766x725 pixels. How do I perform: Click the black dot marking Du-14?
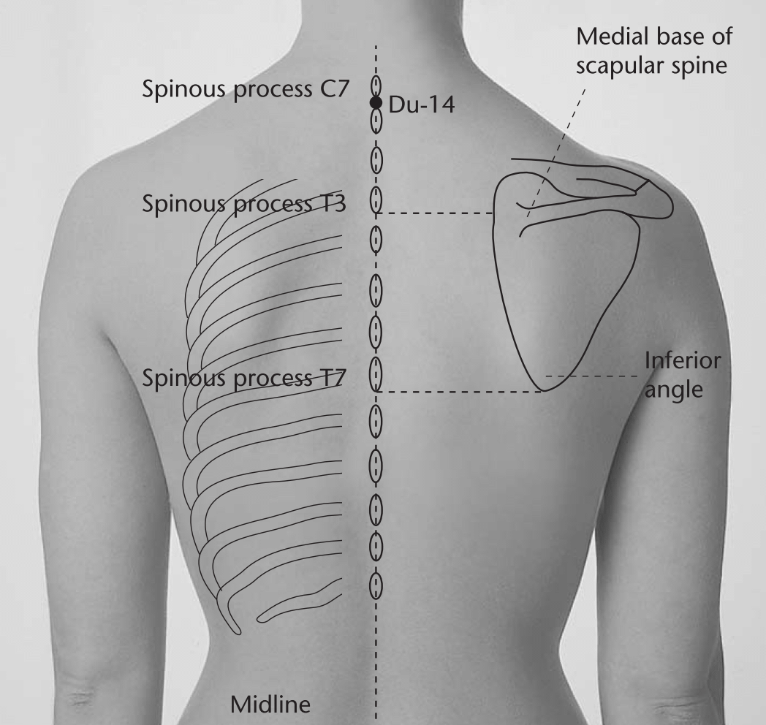coord(376,103)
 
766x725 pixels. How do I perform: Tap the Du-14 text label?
coord(422,105)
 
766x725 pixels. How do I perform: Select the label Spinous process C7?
coord(246,89)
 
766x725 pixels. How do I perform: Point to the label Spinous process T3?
coord(244,204)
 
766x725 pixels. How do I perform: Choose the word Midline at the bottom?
coord(270,705)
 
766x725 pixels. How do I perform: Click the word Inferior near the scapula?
coord(683,361)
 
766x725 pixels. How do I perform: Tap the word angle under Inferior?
coord(674,390)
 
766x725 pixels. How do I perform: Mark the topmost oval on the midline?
coord(376,86)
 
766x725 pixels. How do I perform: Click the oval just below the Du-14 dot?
coord(376,121)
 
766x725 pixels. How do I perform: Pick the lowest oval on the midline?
coord(376,585)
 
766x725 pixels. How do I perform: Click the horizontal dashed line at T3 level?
coord(434,213)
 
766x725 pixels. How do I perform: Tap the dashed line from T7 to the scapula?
coord(459,392)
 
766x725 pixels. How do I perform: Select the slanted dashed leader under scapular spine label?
coord(555,153)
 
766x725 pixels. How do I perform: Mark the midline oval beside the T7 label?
coord(376,373)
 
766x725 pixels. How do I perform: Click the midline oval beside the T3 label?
coord(376,200)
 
